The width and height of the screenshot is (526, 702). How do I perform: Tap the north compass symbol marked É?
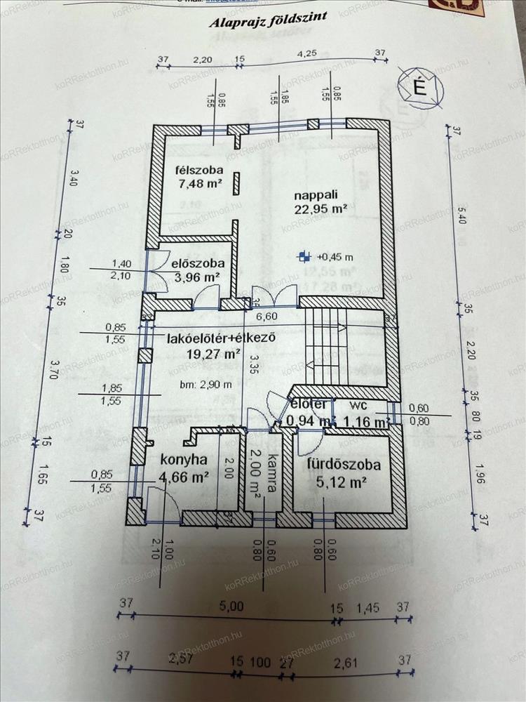tap(420, 88)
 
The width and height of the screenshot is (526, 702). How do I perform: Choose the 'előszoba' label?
tap(198, 264)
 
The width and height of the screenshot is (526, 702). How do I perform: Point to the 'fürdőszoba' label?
tap(343, 465)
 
